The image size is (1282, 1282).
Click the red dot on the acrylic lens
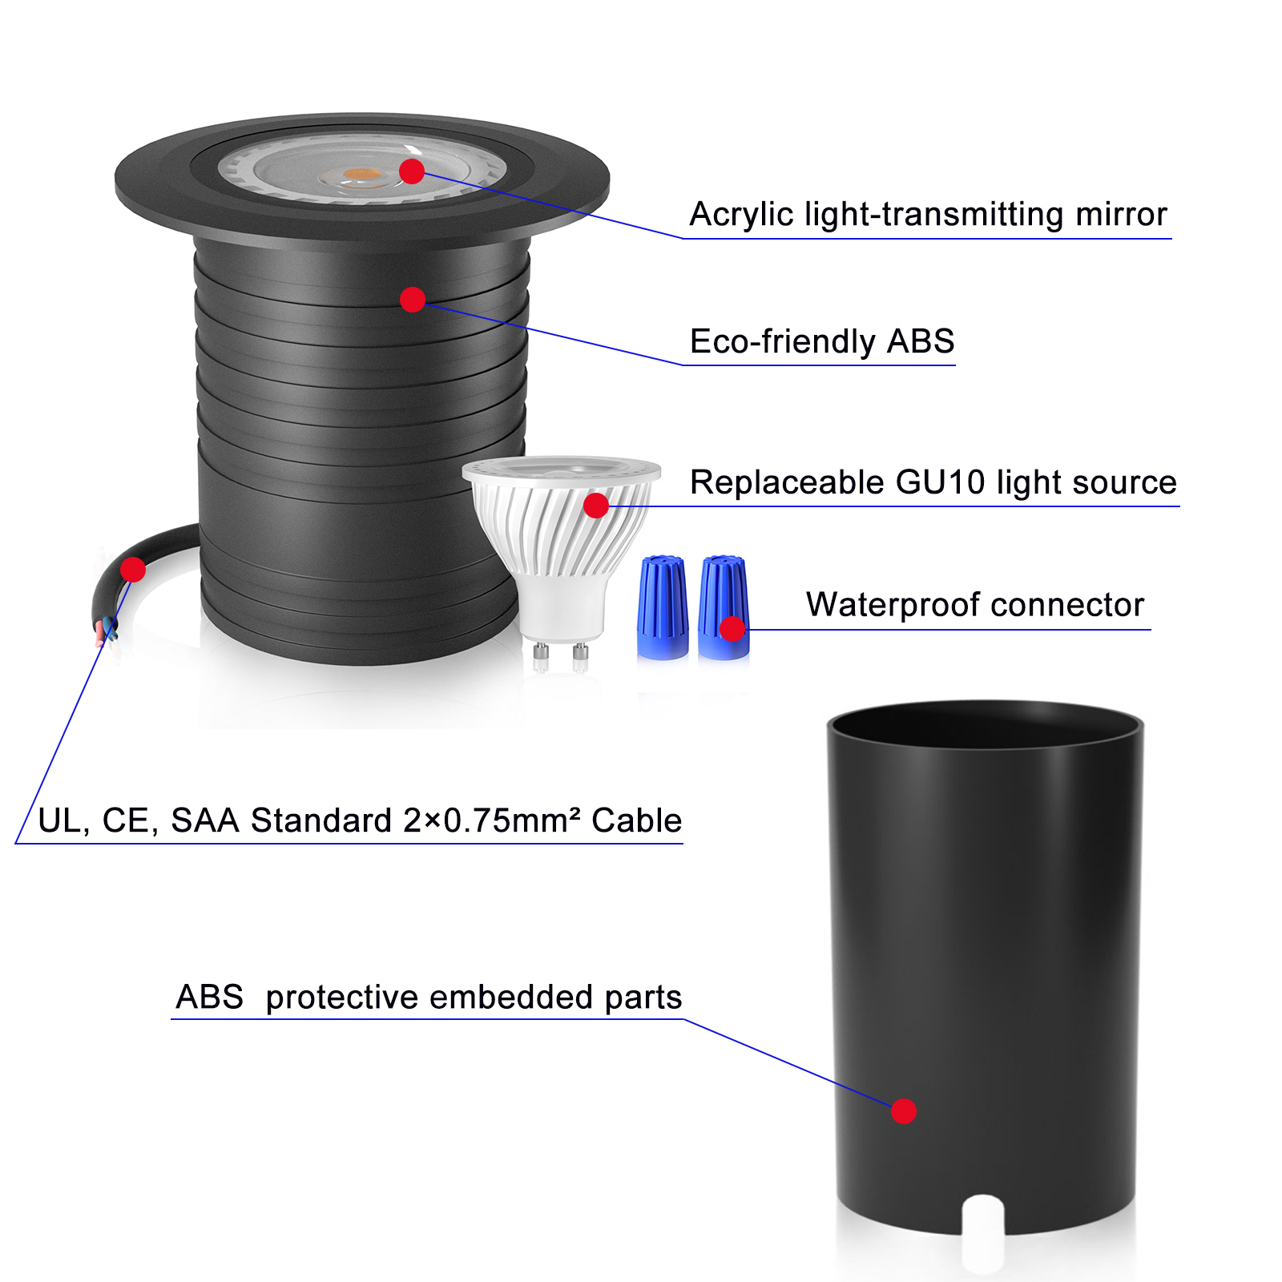[412, 171]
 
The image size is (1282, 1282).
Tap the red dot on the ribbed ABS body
[413, 300]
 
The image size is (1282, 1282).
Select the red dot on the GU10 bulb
[596, 506]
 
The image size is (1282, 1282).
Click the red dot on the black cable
[133, 570]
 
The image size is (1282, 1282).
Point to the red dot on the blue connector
[732, 629]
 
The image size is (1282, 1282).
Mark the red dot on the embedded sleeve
[904, 1111]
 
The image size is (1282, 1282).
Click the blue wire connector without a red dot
[663, 608]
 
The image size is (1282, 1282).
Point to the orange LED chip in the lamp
[364, 174]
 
